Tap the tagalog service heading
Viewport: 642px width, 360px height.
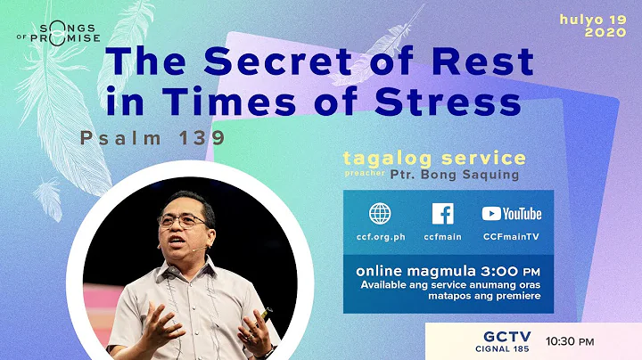[x=434, y=159]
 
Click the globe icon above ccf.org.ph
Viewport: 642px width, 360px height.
[x=380, y=215]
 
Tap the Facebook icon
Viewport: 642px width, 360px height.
[x=442, y=215]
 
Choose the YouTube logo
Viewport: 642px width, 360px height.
[x=511, y=214]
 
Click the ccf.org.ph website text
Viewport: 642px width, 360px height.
[x=381, y=239]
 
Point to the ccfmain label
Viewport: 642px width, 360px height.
[x=442, y=239]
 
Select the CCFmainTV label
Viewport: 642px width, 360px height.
[x=511, y=239]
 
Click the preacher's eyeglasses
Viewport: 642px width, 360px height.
[x=183, y=219]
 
